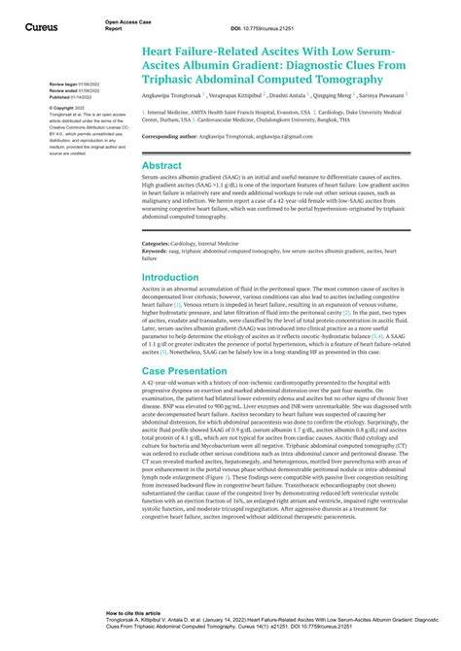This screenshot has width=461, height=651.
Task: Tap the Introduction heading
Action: (170, 277)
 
